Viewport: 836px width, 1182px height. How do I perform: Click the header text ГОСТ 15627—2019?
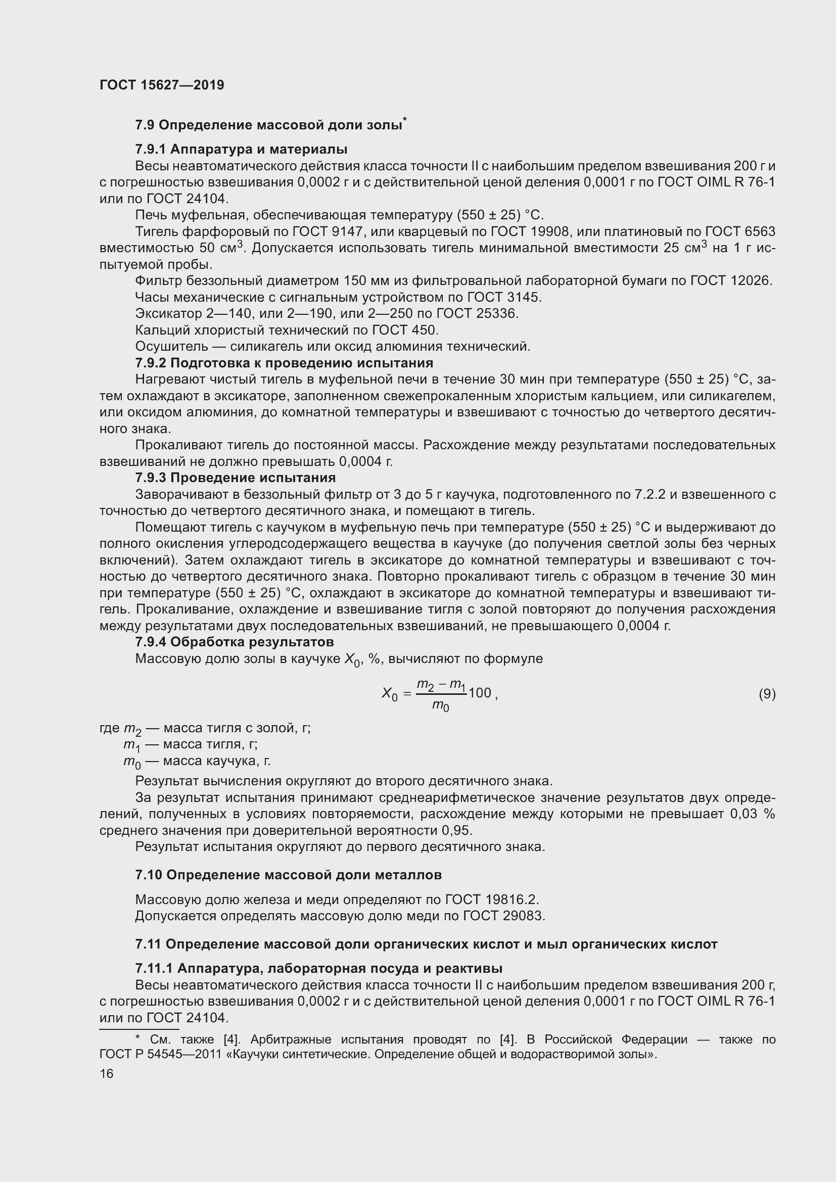pyautogui.click(x=162, y=85)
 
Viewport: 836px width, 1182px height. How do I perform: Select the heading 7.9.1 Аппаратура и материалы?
pyautogui.click(x=241, y=149)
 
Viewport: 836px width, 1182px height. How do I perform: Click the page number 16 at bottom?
pyautogui.click(x=107, y=1073)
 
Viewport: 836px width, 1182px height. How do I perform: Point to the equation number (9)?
pyautogui.click(x=767, y=694)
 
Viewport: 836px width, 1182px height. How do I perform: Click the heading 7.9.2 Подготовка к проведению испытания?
pyautogui.click(x=284, y=363)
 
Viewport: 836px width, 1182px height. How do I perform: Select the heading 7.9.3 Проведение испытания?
pyautogui.click(x=235, y=478)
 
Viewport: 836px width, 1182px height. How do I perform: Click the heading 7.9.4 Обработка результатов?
pyautogui.click(x=234, y=642)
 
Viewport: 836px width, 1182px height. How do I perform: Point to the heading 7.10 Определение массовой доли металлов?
pyautogui.click(x=288, y=875)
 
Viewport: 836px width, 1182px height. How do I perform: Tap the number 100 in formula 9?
pyautogui.click(x=480, y=693)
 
